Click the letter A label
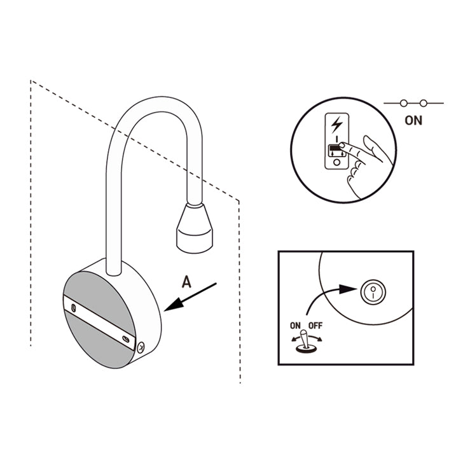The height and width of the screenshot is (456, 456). point(186,282)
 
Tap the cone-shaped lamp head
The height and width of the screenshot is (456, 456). point(194,228)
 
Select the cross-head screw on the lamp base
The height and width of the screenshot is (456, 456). point(141,347)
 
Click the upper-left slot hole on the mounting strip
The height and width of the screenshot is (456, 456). point(74,308)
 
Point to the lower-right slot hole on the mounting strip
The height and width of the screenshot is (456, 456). point(126,338)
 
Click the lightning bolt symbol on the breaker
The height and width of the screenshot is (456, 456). point(336,124)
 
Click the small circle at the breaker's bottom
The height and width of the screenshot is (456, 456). point(336,162)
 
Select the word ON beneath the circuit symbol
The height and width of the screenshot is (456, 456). point(413,120)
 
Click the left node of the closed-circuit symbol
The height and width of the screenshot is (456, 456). point(403,103)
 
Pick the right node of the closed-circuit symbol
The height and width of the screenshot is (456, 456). point(424,103)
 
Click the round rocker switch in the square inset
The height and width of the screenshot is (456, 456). point(373,292)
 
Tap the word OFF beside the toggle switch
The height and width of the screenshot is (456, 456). point(315,326)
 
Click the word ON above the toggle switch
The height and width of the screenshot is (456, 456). point(295,326)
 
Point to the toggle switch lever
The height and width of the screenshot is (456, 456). point(304,339)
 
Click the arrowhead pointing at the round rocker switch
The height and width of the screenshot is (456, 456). point(348,289)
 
